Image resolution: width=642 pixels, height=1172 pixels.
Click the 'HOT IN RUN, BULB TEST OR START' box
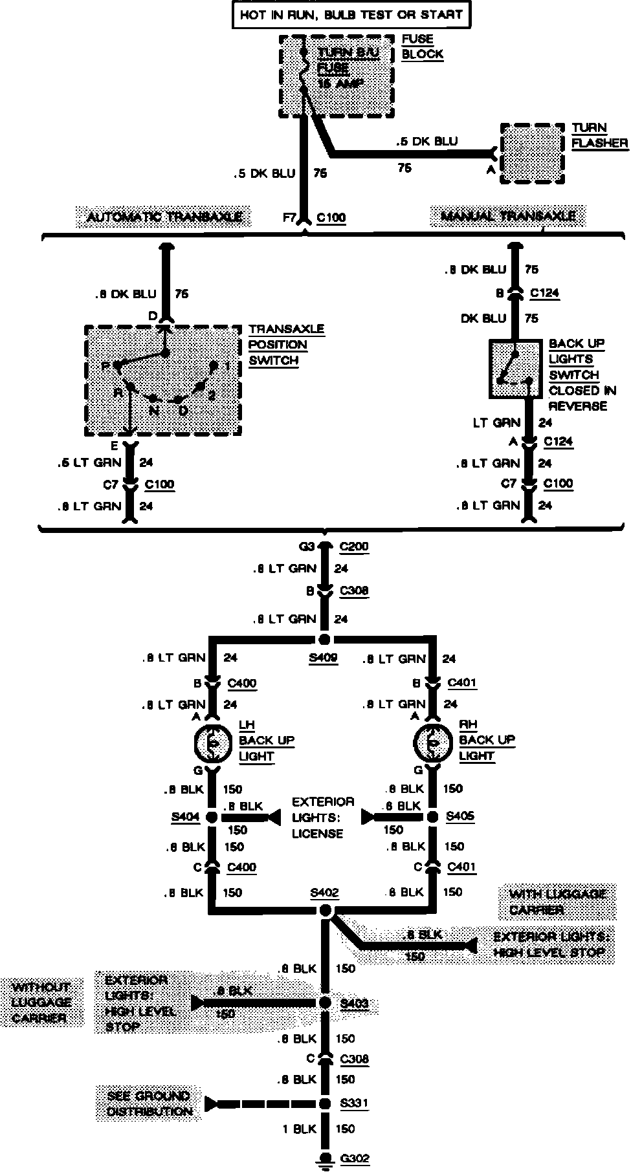pos(351,15)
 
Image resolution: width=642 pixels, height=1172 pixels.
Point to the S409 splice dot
pos(325,640)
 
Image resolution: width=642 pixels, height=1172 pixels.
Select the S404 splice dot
pos(212,818)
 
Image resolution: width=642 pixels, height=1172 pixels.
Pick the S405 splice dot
pos(432,817)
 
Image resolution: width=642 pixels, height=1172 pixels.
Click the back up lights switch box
pos(515,369)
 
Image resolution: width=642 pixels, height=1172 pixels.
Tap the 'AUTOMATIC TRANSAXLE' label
pos(164,217)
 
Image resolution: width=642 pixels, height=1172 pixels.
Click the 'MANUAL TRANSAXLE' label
pos(508,216)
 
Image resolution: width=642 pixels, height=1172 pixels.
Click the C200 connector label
pos(353,547)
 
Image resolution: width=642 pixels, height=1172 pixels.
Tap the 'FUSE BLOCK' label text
pos(422,47)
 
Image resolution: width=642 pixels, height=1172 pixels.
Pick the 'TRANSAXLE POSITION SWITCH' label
pos(286,345)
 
